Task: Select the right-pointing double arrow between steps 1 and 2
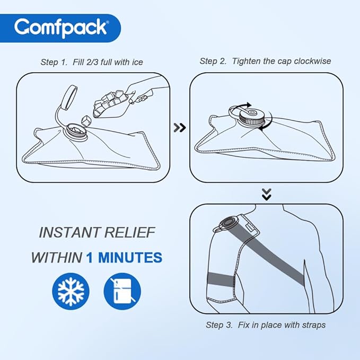[x=180, y=127]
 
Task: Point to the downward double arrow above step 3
[x=267, y=195]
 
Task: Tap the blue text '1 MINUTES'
[x=124, y=258]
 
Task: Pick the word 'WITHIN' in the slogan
[x=56, y=258]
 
